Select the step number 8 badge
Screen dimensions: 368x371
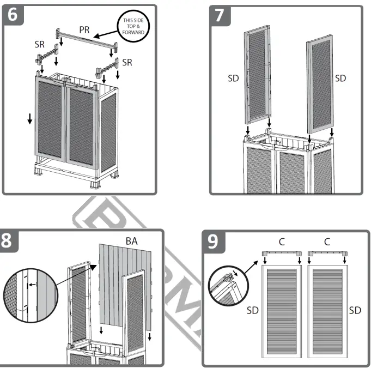[7, 240]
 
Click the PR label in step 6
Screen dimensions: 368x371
[84, 29]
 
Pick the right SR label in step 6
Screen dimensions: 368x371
[127, 62]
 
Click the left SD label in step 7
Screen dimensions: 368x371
[233, 78]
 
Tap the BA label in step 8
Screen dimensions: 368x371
[131, 240]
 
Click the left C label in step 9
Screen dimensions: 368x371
[282, 242]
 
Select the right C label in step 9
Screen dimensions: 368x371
[327, 242]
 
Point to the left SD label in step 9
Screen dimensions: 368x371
[252, 310]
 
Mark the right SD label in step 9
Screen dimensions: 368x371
[355, 310]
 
